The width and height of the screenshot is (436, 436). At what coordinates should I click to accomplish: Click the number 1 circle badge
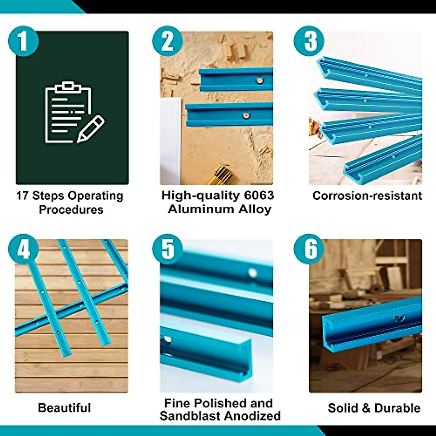23,41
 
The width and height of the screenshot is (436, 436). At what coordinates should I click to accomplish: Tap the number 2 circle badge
167,41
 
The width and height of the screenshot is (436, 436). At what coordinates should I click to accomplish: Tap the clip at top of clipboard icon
67,87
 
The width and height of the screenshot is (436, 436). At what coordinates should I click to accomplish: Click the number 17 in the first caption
23,196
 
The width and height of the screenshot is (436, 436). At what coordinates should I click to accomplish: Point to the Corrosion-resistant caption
367,196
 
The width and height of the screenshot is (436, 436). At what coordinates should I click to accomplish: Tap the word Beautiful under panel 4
64,408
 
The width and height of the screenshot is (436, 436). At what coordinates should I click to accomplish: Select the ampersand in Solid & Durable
364,408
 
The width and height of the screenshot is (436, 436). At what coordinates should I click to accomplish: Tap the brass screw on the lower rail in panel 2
247,116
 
